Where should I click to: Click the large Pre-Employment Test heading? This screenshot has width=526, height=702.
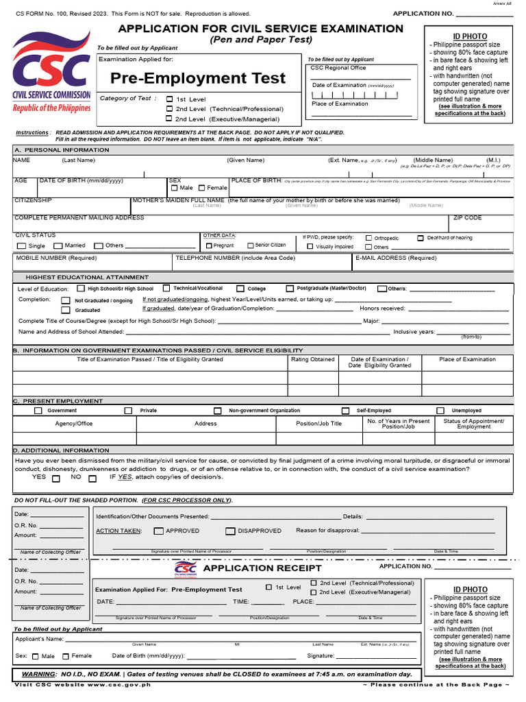pyautogui.click(x=198, y=78)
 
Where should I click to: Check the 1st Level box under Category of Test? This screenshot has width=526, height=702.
pyautogui.click(x=170, y=99)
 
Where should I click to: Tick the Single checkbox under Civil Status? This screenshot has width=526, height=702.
pyautogui.click(x=21, y=246)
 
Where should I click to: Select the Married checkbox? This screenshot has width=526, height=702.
pyautogui.click(x=58, y=246)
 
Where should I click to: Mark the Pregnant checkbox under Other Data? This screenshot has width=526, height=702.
pyautogui.click(x=209, y=245)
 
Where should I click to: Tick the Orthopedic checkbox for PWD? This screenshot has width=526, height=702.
pyautogui.click(x=368, y=239)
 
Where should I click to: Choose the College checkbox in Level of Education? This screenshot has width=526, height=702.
pyautogui.click(x=240, y=289)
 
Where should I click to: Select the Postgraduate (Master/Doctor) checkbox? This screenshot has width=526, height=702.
pyautogui.click(x=290, y=289)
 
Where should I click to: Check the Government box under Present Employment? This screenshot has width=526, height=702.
pyautogui.click(x=38, y=411)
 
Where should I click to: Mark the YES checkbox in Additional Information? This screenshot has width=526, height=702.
pyautogui.click(x=56, y=479)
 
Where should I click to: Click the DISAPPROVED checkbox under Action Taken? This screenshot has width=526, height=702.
pyautogui.click(x=231, y=531)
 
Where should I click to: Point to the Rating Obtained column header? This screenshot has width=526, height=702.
pyautogui.click(x=312, y=359)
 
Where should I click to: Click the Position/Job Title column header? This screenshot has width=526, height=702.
pyautogui.click(x=318, y=424)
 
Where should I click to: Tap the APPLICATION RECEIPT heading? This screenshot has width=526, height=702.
pyautogui.click(x=262, y=568)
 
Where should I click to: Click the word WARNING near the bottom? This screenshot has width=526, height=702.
pyautogui.click(x=38, y=675)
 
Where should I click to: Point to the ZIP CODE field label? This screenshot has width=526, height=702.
pyautogui.click(x=467, y=218)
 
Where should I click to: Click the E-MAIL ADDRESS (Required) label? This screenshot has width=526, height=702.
pyautogui.click(x=395, y=258)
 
